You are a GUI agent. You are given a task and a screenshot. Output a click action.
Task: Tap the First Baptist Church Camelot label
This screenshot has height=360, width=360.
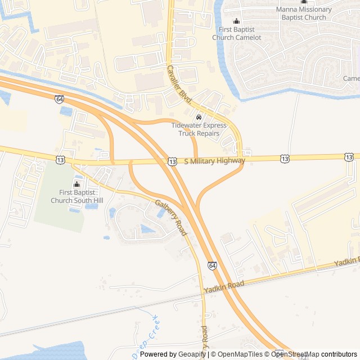coord(236,33)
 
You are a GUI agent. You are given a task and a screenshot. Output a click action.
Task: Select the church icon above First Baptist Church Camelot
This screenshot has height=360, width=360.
coord(236,21)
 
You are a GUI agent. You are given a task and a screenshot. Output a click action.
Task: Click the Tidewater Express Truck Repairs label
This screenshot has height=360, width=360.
coord(199,129)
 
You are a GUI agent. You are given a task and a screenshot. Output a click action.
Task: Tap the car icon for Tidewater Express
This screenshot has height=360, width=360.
coord(199,117)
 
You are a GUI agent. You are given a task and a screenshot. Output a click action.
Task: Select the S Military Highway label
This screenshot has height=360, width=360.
coord(214,161)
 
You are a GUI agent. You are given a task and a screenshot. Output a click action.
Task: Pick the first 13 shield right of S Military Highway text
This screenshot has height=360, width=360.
coord(285,159)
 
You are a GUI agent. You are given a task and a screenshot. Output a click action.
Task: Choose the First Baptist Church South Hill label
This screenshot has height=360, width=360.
coord(77,196)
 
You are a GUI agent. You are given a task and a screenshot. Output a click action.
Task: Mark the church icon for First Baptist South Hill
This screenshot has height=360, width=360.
coord(77,184)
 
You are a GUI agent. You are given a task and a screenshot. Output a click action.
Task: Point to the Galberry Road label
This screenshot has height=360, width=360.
coord(170,218)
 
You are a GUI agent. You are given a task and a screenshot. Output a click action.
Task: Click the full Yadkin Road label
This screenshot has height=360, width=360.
coord(224,286)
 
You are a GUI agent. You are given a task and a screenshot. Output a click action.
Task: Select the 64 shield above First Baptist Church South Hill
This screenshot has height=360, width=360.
coord(60,98)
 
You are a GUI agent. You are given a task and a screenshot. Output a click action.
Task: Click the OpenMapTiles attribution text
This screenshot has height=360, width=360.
coord(240,354)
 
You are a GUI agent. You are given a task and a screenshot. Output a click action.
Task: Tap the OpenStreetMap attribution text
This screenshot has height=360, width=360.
coord(295,354)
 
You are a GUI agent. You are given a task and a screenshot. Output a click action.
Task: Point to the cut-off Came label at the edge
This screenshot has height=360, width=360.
coord(351,78)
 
